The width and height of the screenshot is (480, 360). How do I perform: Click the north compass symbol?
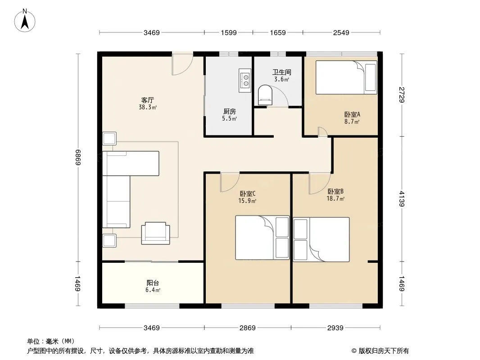tap(25, 20)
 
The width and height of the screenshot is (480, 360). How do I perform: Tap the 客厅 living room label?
tap(148, 100)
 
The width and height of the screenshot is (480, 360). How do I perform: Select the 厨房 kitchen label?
tap(229, 111)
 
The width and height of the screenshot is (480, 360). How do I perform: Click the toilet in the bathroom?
tap(265, 93)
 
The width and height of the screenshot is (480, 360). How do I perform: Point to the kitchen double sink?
tap(245, 81)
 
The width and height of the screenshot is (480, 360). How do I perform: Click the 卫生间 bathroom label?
tap(281, 72)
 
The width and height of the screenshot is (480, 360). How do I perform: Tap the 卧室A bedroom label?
tap(352, 114)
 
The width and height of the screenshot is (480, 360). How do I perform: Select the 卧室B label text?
tap(335, 191)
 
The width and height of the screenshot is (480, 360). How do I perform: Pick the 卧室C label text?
tap(247, 193)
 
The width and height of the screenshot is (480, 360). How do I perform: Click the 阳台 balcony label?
tap(153, 283)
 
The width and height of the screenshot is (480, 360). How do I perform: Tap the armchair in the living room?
tap(155, 233)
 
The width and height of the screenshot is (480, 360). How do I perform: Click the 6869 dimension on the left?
tap(78, 157)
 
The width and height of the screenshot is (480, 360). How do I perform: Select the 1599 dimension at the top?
tap(229, 33)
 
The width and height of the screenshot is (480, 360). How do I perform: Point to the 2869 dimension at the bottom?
tap(247, 328)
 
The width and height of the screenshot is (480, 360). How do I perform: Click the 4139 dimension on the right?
tap(402, 199)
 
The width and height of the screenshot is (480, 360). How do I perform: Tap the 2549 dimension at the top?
tap(341, 33)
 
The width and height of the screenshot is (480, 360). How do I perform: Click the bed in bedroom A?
tap(346, 77)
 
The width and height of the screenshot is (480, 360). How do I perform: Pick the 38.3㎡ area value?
tap(148, 108)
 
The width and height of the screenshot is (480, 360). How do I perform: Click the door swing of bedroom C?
tap(230, 182)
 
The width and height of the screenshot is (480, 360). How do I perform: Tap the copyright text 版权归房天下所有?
tap(384, 351)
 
